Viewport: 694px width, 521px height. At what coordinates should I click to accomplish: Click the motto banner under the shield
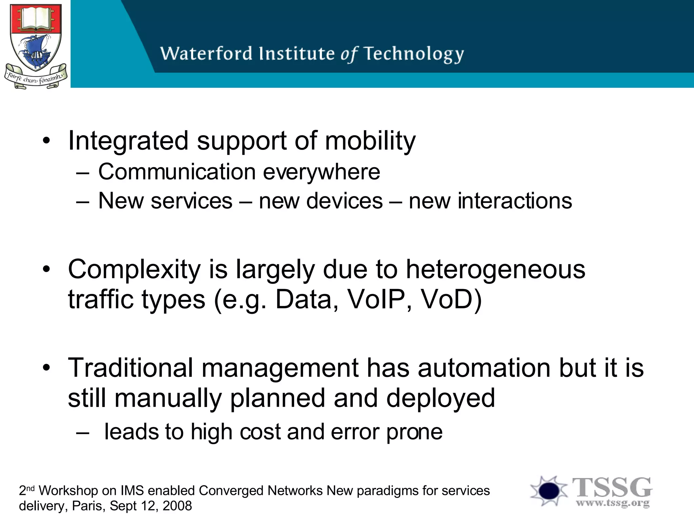[35, 79]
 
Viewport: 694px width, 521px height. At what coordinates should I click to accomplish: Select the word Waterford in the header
[206, 54]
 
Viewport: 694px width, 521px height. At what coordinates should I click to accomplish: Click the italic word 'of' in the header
[349, 54]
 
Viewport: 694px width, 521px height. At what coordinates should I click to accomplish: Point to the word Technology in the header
[414, 54]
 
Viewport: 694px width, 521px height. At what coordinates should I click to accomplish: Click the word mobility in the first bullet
[370, 141]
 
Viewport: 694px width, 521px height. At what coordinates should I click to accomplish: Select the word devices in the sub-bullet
[321, 201]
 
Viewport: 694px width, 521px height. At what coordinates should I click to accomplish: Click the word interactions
[490, 201]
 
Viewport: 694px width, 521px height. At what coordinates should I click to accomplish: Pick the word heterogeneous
[495, 269]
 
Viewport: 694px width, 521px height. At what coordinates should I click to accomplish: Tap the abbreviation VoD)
[451, 300]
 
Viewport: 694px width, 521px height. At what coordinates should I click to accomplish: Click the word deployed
[441, 398]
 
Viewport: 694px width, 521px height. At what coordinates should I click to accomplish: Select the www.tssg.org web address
[613, 503]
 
